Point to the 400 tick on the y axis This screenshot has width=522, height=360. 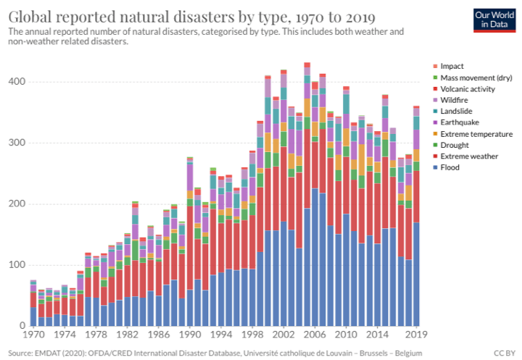coord(17,82)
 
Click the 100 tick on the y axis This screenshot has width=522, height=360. coord(17,264)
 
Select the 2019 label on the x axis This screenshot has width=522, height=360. coord(416,336)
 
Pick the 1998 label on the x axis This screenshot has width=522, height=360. coord(252,336)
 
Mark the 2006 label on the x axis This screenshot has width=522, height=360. coord(314,336)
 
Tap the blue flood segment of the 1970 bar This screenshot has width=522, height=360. coord(33,317)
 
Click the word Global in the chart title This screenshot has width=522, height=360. coord(31,14)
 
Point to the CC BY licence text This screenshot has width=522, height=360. coord(503,353)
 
